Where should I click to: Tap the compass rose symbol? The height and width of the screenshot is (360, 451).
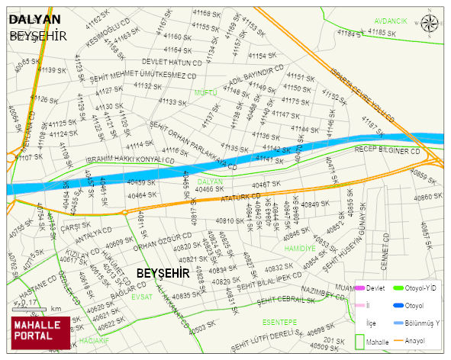pos(430,22)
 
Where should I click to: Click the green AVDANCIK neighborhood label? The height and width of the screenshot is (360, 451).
pos(391,21)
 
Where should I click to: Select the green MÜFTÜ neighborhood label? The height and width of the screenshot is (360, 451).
pos(206,92)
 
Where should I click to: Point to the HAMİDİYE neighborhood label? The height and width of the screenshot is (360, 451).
pos(299,248)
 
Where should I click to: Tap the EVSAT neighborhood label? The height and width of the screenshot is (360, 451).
pos(142,297)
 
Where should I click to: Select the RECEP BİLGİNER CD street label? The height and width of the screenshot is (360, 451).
pos(388,151)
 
